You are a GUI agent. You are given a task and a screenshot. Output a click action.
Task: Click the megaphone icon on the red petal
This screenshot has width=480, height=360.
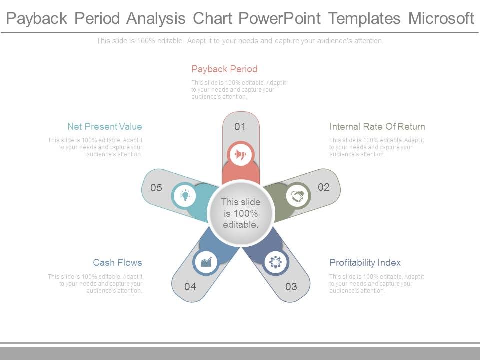click(240, 155)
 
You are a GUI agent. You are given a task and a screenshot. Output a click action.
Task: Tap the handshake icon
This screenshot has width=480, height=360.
click(297, 196)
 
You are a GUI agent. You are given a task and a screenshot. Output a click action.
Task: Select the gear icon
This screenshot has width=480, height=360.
click(275, 262)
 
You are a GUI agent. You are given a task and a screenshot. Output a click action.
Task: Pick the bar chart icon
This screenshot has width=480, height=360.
click(206, 262)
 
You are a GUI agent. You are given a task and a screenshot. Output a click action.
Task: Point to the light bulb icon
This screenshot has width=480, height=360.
click(185, 195)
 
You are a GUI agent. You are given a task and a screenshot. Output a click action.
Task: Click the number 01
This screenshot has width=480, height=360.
click(240, 126)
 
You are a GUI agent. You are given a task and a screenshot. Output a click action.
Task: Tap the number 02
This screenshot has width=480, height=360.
click(324, 187)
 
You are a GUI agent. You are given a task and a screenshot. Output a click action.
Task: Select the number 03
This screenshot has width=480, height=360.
click(291, 287)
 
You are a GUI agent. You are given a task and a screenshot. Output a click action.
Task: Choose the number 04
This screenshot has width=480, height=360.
click(190, 287)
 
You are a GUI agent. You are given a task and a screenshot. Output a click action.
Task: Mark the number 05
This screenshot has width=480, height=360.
click(156, 187)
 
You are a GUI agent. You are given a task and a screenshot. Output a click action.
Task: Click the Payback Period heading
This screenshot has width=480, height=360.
click(224, 69)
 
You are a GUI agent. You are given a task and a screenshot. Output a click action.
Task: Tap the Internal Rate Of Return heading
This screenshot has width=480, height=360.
click(377, 126)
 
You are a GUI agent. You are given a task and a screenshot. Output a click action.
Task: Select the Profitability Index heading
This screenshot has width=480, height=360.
click(365, 262)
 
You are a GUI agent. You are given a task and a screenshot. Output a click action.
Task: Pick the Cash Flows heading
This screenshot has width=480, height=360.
click(118, 262)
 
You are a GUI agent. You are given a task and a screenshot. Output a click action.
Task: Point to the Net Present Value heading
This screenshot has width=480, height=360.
click(105, 126)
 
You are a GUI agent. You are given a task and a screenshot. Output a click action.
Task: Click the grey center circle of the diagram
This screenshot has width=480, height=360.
click(241, 213)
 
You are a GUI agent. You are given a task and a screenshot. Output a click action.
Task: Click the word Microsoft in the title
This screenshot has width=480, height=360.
click(441, 18)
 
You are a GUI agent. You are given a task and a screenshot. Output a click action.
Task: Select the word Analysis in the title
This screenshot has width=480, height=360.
click(156, 19)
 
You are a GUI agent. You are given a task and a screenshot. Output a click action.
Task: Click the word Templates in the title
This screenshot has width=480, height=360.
click(364, 19)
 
